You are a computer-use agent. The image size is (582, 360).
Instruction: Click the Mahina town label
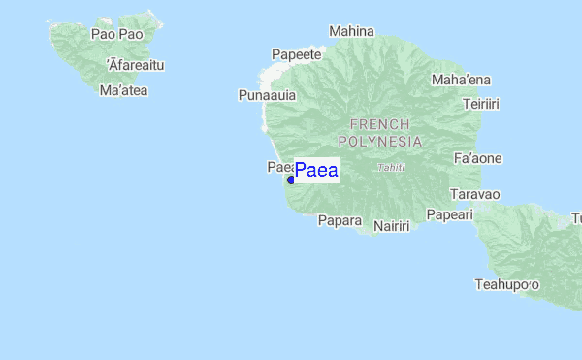[x=351, y=31]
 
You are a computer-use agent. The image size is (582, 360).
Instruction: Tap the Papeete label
[x=297, y=54]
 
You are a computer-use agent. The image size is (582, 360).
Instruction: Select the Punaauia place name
[x=267, y=95]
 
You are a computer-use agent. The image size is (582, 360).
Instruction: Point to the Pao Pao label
[x=116, y=34]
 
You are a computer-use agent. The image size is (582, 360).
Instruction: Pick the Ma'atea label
[x=123, y=90]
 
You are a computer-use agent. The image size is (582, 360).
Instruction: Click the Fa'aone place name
[x=478, y=157]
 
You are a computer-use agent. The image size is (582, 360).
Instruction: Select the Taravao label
[x=476, y=194]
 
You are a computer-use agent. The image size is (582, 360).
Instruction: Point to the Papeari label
[x=449, y=214]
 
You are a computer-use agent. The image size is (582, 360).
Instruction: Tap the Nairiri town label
[x=392, y=226]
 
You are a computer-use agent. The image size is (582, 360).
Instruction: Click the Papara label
[x=339, y=220]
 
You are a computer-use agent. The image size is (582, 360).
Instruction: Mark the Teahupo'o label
[x=506, y=284]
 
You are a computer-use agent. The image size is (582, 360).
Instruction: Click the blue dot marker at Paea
[x=290, y=180]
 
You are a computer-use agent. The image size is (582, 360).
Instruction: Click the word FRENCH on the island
[x=379, y=124]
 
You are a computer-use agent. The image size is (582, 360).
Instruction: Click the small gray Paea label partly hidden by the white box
[x=279, y=168]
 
